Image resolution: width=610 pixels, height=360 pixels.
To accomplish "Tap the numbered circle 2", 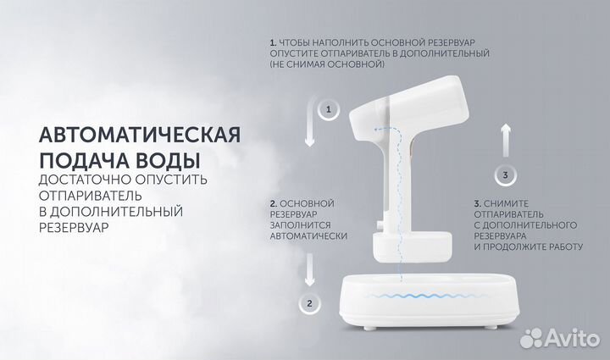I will pos(310,302).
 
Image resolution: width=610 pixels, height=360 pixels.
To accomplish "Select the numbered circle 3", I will pos(505,175).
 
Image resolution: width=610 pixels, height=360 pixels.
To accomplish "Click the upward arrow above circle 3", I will pos(505,136).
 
